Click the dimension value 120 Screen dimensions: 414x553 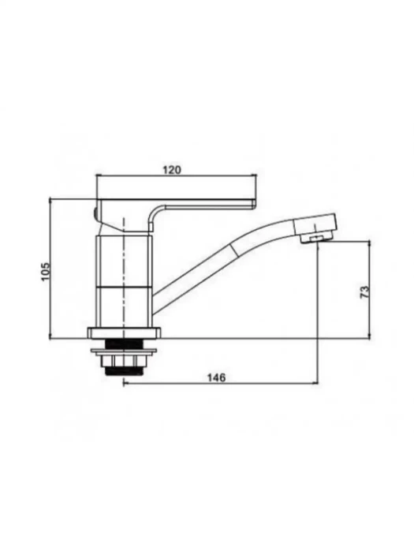pyautogui.click(x=172, y=170)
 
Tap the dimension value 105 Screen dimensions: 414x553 pyautogui.click(x=46, y=272)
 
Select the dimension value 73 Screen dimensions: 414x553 pyautogui.click(x=364, y=292)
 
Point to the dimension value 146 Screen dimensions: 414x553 pyautogui.click(x=216, y=378)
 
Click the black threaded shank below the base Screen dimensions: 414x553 pyautogui.click(x=123, y=342)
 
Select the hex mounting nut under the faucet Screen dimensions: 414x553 pyautogui.click(x=123, y=361)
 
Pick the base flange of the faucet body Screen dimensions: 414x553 pyautogui.click(x=124, y=333)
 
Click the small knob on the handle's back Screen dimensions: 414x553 pyautogui.click(x=95, y=213)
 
